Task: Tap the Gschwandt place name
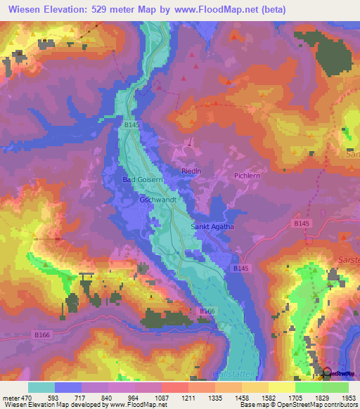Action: (x=157, y=200)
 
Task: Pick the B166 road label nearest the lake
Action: (x=206, y=311)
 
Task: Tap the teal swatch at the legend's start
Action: (x=41, y=387)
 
